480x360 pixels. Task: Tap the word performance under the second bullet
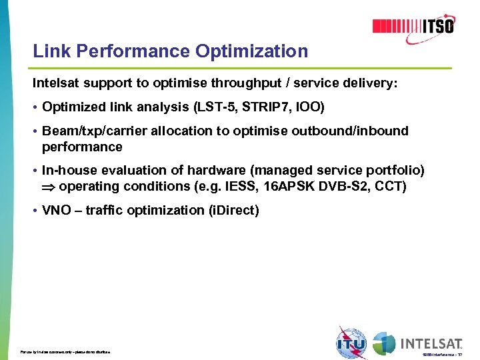82,147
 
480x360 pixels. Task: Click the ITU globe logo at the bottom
351,343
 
